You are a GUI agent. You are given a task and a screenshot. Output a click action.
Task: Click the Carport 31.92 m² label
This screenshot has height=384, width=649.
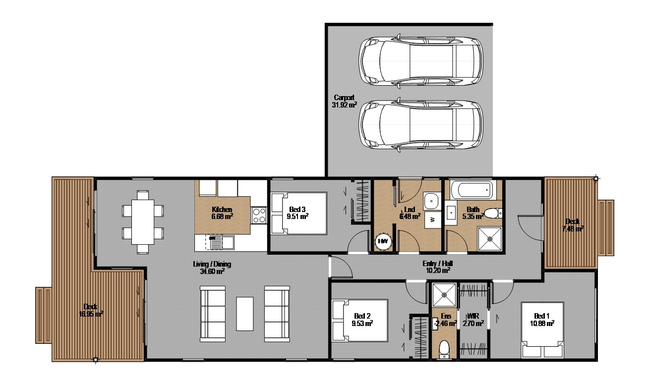(344, 101)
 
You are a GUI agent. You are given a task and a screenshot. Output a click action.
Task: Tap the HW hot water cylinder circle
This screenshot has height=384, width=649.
(383, 241)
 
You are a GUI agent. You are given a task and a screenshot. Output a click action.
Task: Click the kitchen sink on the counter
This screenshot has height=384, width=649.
(222, 242)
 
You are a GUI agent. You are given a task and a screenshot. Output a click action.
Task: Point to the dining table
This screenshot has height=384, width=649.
(143, 221)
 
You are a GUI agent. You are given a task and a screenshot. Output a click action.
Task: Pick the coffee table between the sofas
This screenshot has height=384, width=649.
(244, 313)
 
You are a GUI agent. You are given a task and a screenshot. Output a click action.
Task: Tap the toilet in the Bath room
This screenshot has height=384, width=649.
(491, 214)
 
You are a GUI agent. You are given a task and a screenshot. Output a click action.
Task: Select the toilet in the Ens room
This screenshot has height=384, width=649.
(444, 348)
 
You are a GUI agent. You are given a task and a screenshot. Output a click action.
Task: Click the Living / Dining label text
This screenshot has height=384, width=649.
(212, 268)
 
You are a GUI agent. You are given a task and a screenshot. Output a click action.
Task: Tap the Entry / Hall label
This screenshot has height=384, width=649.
(436, 267)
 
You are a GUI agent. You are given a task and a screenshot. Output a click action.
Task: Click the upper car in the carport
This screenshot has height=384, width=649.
(421, 60)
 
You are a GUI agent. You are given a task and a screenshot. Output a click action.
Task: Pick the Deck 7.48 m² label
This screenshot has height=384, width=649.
(573, 224)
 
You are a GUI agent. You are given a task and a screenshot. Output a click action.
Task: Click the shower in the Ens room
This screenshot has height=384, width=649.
(443, 295)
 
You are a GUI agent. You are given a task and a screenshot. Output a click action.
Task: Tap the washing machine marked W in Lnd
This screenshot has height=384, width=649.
(432, 219)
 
